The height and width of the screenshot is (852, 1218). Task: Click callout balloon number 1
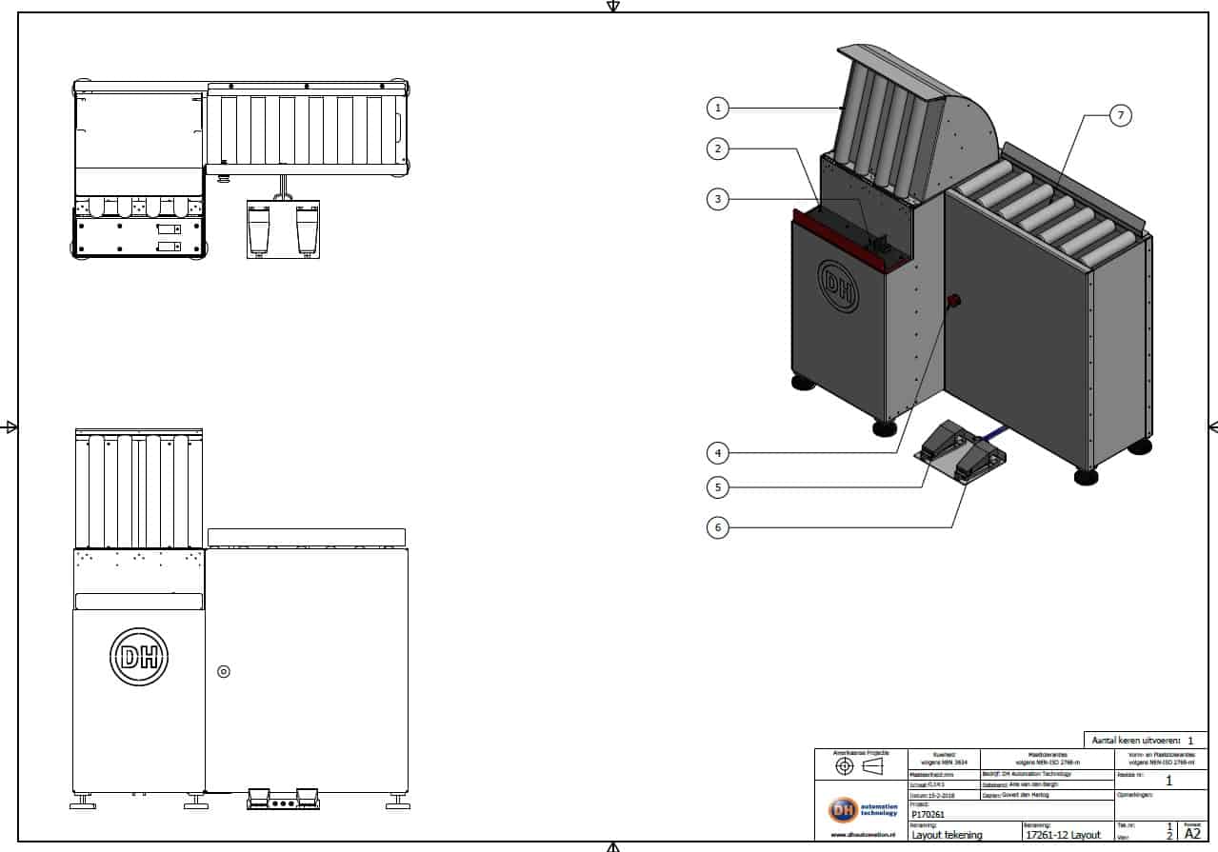click(718, 109)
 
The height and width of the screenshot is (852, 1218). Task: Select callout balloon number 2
click(718, 148)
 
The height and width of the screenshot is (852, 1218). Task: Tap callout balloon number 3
click(718, 199)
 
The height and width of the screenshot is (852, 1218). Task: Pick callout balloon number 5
click(718, 487)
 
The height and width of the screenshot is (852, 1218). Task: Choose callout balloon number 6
click(718, 526)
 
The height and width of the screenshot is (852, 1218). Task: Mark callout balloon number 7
click(1120, 115)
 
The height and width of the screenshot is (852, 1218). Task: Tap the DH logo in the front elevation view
click(139, 656)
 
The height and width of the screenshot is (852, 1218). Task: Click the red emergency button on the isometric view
click(952, 302)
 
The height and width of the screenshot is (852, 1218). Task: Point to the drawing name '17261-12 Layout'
click(1062, 835)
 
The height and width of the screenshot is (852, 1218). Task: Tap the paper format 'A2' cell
click(1192, 833)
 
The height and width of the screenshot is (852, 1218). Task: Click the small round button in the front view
click(224, 671)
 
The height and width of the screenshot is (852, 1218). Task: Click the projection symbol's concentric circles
click(844, 765)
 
